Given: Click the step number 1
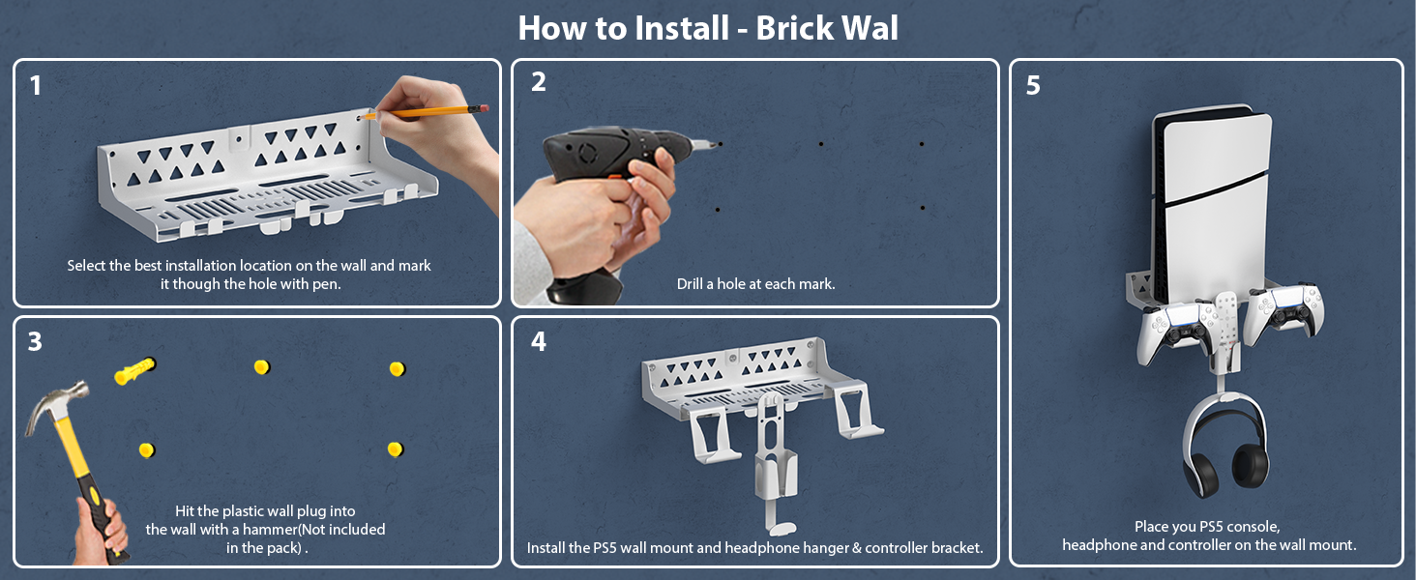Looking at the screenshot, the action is [x=36, y=86].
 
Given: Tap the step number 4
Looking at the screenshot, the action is [x=539, y=342].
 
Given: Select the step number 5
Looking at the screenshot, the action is [x=1033, y=85].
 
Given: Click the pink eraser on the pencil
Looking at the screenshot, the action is [x=484, y=108].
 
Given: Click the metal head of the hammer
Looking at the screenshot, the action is [x=56, y=403].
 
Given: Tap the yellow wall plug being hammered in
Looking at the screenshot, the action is [x=134, y=370].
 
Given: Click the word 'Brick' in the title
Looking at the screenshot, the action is [x=795, y=28].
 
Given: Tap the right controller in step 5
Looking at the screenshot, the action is [x=1283, y=314].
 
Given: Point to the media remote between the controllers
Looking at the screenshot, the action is [x=1226, y=328].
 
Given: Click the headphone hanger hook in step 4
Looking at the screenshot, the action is [x=775, y=461].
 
